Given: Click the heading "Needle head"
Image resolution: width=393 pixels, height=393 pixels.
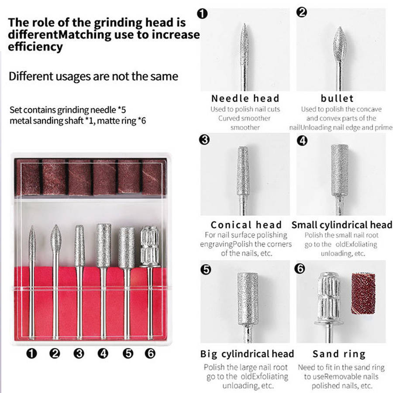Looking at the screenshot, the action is click(x=245, y=98).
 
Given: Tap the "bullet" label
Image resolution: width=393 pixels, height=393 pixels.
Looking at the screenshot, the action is click(x=337, y=98).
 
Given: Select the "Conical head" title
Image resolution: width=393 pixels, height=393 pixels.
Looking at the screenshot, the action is click(x=246, y=225).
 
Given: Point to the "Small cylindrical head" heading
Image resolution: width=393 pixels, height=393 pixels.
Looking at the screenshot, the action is click(x=342, y=225).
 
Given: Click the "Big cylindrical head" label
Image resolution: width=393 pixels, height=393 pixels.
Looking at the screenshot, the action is click(x=247, y=354).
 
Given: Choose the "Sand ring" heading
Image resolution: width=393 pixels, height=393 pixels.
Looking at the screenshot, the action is click(x=339, y=354).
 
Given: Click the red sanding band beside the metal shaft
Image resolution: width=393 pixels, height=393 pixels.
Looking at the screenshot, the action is click(x=363, y=293).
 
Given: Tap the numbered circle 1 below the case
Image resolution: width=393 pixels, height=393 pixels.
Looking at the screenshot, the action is click(x=31, y=353).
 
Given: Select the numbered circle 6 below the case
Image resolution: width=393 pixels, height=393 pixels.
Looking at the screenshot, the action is click(x=150, y=353).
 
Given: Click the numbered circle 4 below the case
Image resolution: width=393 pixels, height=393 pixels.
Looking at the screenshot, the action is click(x=103, y=353).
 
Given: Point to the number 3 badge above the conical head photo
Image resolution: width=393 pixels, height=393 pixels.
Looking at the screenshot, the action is click(x=204, y=139).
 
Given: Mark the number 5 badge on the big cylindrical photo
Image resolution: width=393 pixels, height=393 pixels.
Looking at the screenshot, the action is click(x=206, y=269).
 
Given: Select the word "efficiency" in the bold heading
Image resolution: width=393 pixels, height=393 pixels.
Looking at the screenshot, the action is click(x=35, y=47).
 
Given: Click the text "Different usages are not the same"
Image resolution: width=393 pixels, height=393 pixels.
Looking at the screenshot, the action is click(x=93, y=76).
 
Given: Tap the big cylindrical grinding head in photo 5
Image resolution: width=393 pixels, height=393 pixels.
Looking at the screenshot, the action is click(x=248, y=298).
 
